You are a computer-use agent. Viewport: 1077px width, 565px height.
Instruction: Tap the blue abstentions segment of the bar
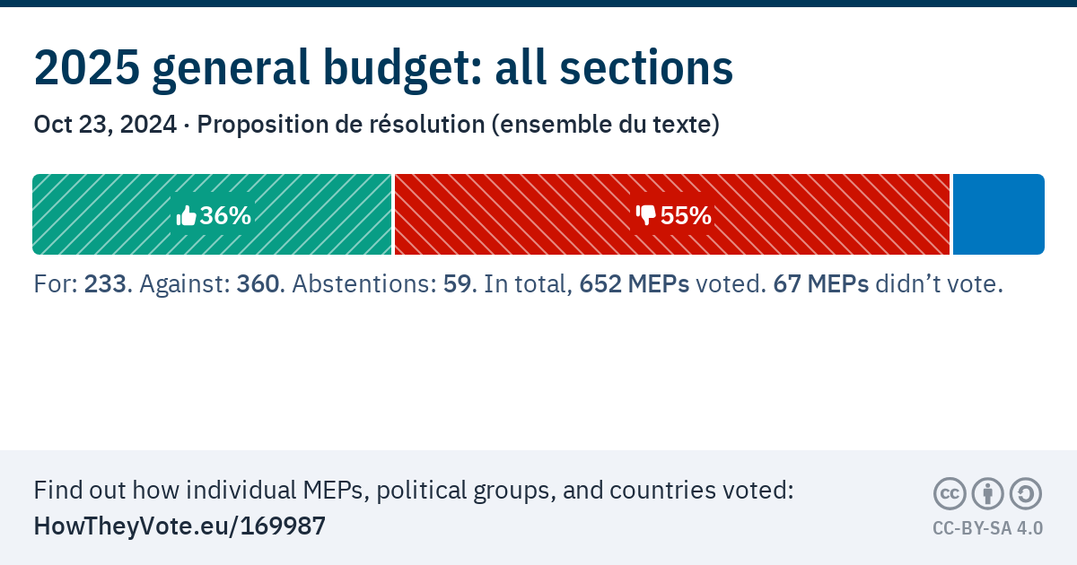click(x=998, y=214)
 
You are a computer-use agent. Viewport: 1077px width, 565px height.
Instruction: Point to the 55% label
click(x=686, y=215)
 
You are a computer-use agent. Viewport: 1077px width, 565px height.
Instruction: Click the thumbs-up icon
click(x=187, y=215)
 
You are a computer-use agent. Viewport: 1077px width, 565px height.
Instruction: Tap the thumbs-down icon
click(x=646, y=215)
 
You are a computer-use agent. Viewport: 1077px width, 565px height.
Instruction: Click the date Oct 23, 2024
click(x=105, y=125)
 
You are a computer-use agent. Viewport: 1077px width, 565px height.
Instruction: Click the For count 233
click(x=103, y=284)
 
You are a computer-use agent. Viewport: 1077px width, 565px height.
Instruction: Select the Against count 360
click(x=258, y=284)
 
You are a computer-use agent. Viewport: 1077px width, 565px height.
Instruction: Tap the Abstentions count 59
click(x=458, y=284)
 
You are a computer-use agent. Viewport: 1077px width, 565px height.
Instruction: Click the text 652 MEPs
click(x=635, y=284)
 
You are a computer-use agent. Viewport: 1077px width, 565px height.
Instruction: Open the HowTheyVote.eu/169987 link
click(x=179, y=526)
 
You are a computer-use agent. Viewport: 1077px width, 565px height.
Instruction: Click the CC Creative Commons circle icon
click(x=950, y=493)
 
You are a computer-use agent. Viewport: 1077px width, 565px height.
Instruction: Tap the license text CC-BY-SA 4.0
click(x=987, y=528)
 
